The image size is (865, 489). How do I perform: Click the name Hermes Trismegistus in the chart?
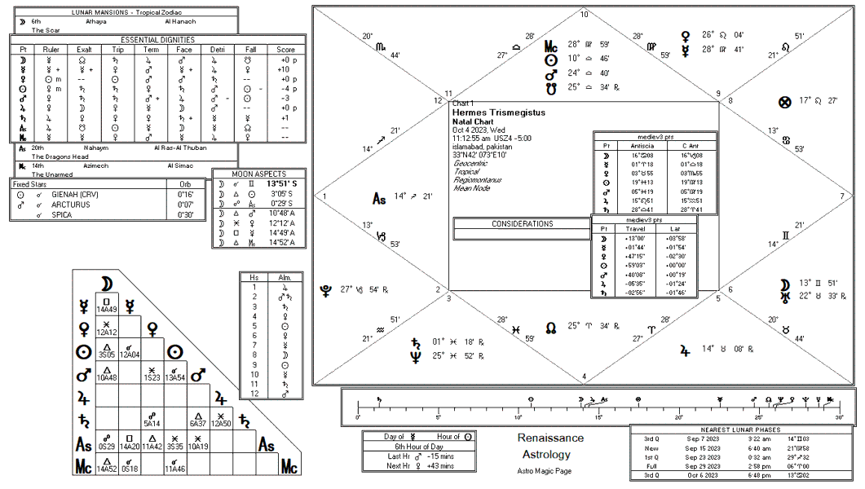coord(498,112)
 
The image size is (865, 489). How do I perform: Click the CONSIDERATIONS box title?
coord(522,224)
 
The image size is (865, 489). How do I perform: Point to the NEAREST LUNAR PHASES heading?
coord(740,430)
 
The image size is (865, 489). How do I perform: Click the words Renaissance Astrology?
coord(550,446)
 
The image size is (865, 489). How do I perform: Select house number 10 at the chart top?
coord(584,15)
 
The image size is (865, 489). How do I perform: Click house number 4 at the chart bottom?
coord(584,376)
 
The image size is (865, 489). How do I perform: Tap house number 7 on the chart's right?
coord(842,196)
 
